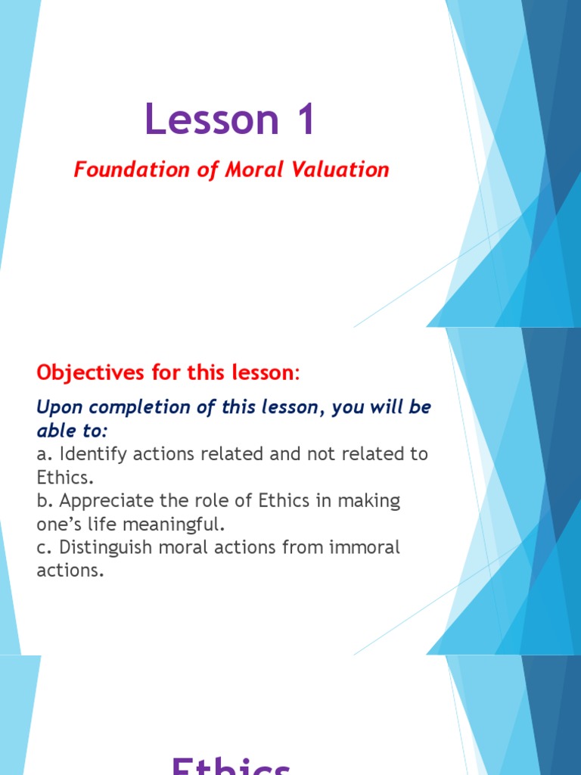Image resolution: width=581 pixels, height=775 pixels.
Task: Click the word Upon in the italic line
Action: (x=58, y=407)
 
